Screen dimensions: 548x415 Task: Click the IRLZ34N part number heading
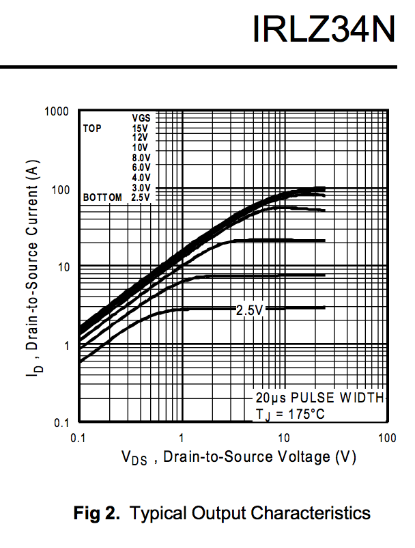click(323, 29)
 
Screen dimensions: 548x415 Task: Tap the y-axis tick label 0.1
click(61, 423)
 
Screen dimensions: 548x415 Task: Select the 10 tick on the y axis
click(62, 266)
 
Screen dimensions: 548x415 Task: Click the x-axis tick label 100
click(387, 438)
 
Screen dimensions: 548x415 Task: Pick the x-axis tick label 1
click(182, 438)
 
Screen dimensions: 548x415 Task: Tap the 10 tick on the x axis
click(284, 438)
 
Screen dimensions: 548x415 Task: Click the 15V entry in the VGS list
click(141, 128)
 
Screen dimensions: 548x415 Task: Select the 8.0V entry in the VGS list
click(141, 157)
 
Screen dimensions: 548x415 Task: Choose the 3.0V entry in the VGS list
click(141, 187)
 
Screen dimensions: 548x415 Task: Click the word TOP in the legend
click(92, 128)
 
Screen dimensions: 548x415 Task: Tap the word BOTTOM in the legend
click(102, 197)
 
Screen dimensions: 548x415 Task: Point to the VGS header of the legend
click(141, 118)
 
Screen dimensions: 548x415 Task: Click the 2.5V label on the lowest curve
click(249, 310)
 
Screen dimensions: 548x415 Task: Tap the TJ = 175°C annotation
click(291, 413)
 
